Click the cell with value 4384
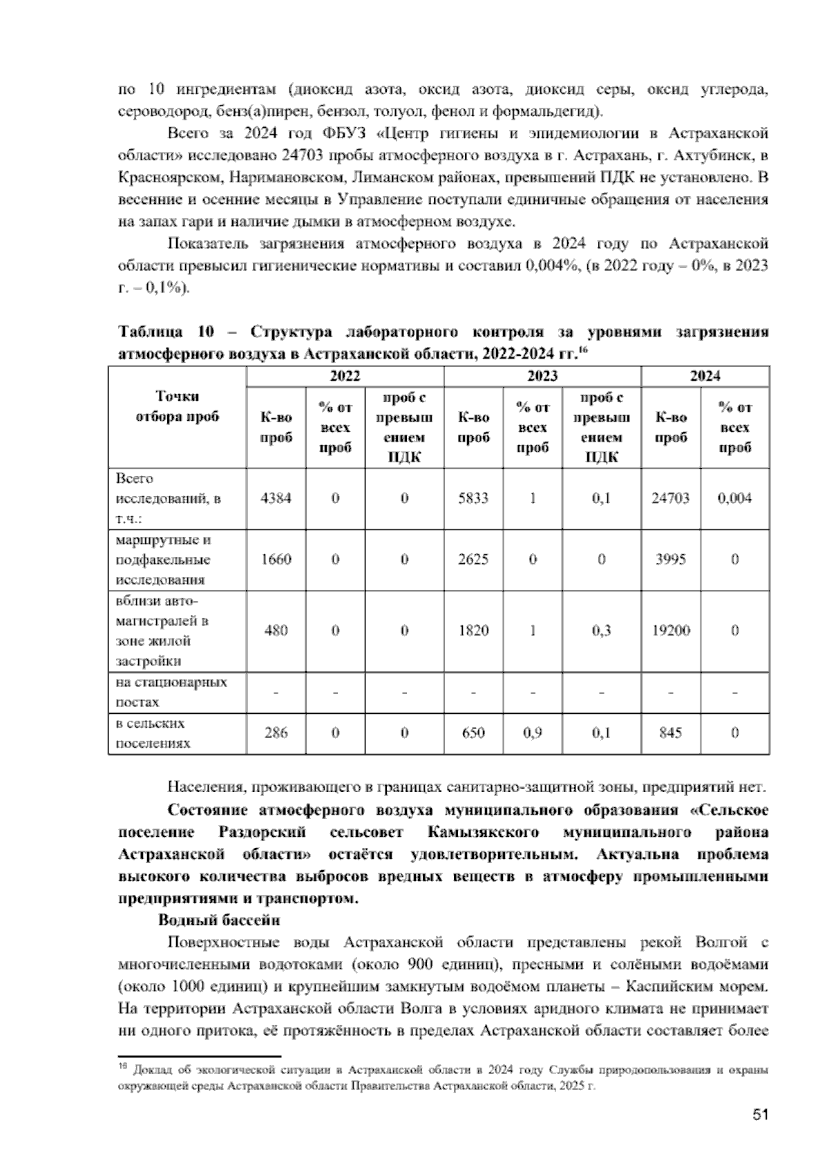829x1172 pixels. point(276,498)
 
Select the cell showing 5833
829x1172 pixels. point(473,498)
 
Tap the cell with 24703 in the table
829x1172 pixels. point(670,498)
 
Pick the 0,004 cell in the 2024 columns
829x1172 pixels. point(734,498)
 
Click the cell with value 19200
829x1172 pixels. point(670,630)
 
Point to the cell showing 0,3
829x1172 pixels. point(601,630)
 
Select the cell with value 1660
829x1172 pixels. point(276,559)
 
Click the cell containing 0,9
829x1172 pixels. point(532,732)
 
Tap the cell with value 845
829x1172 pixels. point(670,732)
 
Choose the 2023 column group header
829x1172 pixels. point(542,376)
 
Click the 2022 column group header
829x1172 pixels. point(345,376)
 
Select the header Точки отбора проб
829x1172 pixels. point(178,406)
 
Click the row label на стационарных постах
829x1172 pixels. point(171,692)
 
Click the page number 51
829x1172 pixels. point(760,1114)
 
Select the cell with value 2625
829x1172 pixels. point(473,559)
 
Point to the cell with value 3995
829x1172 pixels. point(670,559)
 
